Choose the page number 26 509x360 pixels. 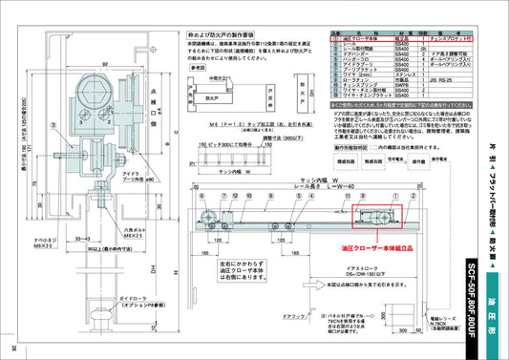[x=13, y=348]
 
